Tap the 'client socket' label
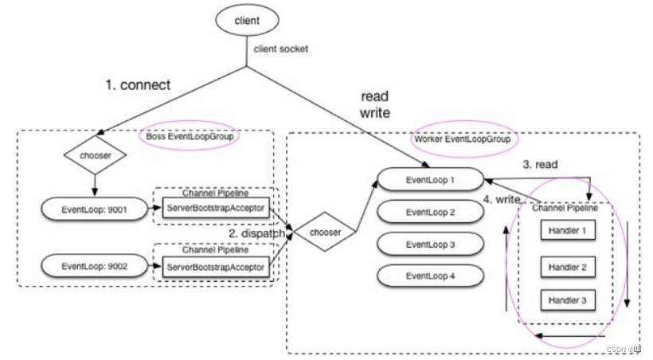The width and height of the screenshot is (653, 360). click(x=281, y=49)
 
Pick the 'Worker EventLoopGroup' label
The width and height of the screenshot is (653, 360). click(x=462, y=139)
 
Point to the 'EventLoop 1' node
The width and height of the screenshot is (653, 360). click(x=430, y=180)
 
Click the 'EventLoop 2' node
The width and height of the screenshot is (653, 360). click(x=430, y=212)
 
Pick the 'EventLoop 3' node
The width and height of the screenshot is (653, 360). click(x=430, y=244)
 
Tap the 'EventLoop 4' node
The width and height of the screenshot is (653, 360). click(x=430, y=276)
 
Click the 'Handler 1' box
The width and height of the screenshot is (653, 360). click(x=568, y=231)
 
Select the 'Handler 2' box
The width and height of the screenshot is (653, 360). click(x=568, y=267)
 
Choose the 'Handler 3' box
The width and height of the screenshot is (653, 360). click(x=568, y=300)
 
